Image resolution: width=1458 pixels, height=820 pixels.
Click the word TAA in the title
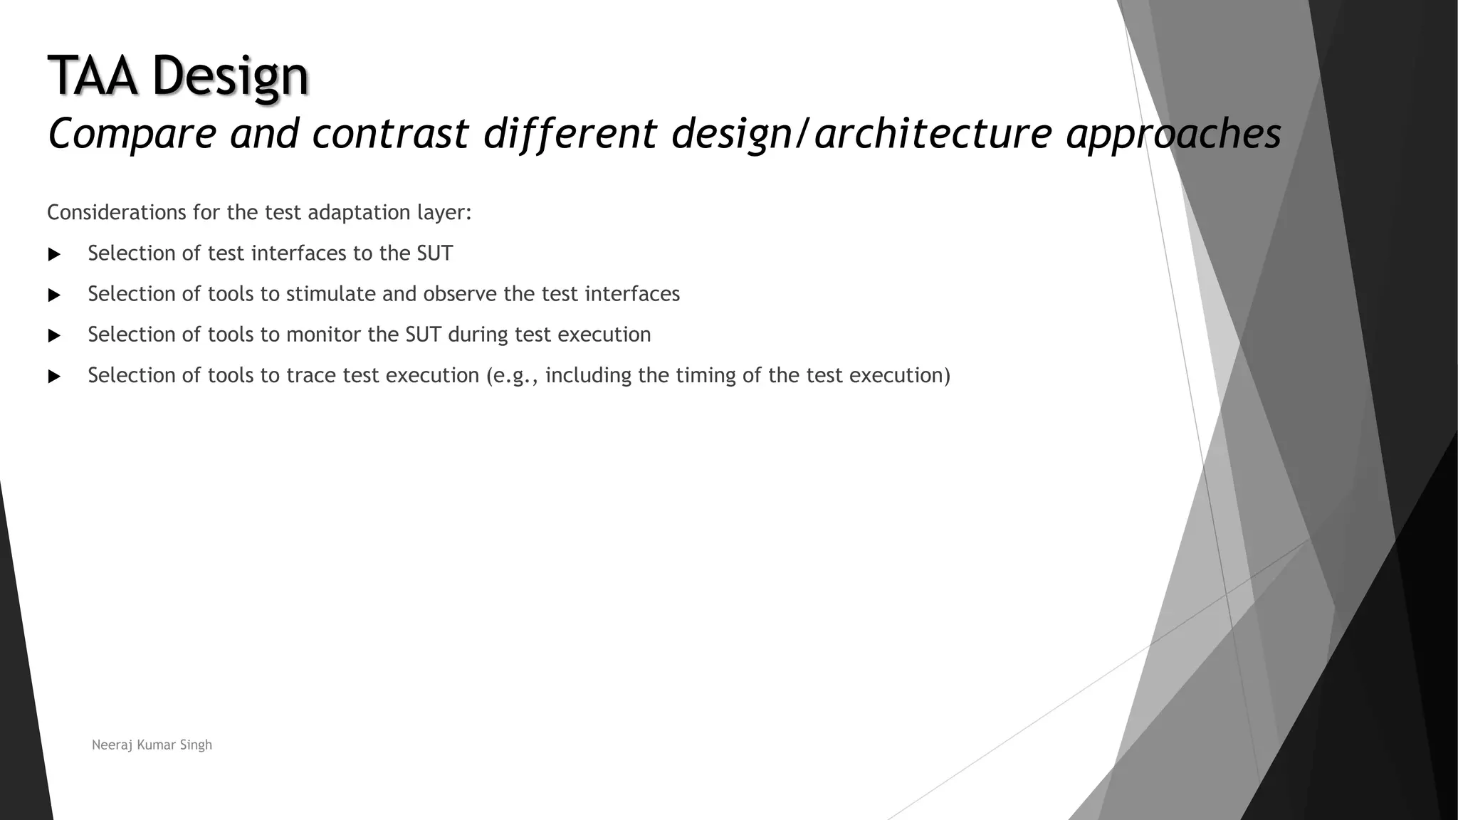tap(92, 75)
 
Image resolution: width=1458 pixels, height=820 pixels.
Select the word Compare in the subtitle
tap(132, 134)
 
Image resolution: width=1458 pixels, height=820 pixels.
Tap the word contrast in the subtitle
tap(390, 134)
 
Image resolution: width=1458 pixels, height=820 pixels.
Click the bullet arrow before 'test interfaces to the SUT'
tap(54, 254)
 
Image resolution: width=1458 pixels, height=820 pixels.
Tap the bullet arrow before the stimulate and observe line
tap(54, 295)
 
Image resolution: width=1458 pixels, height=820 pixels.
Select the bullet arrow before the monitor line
tap(54, 335)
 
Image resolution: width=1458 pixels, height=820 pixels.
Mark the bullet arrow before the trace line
tap(54, 376)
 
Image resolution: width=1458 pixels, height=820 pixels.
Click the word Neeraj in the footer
tap(111, 745)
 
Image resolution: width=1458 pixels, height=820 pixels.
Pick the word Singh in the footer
tap(196, 745)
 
